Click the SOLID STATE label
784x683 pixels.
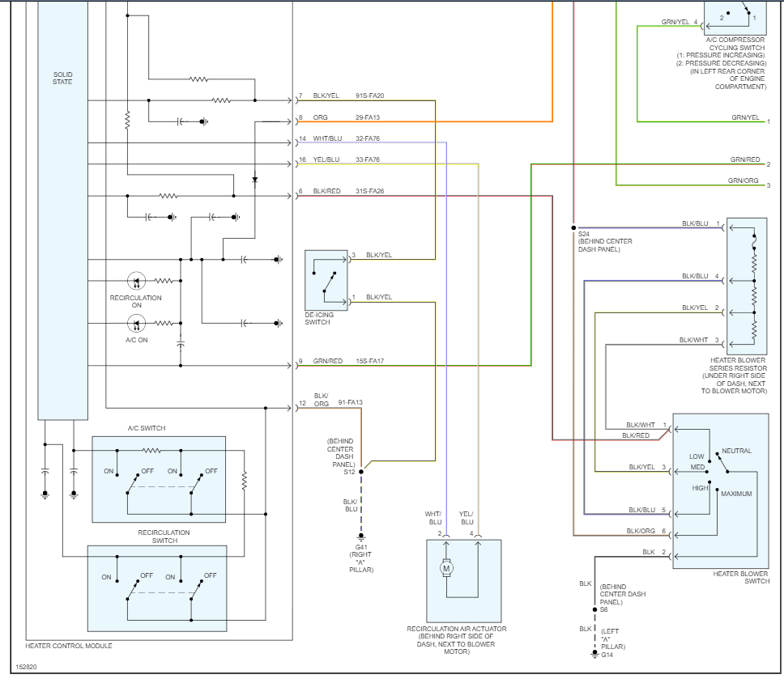pos(62,78)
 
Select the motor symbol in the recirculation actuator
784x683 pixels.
pos(445,568)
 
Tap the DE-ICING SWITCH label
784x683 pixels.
pos(317,318)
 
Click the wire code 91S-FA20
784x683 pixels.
pos(370,96)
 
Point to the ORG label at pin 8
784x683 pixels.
pos(320,118)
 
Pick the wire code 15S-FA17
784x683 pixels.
pos(370,361)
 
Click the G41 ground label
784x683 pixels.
pos(360,547)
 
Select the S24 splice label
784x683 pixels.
pos(584,233)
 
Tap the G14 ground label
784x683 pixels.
pos(607,655)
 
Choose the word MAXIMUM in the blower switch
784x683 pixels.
pos(736,494)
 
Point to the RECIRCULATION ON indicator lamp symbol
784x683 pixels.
pos(136,281)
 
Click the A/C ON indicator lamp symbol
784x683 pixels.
pos(136,324)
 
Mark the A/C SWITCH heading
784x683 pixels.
pos(147,428)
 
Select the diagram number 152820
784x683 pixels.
pos(27,668)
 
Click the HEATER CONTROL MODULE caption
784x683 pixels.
pos(69,646)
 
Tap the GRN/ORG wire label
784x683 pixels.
pos(743,180)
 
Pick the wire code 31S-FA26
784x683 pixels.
pos(370,191)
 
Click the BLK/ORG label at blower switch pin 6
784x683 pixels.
pos(641,531)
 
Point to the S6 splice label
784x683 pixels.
pos(604,609)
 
